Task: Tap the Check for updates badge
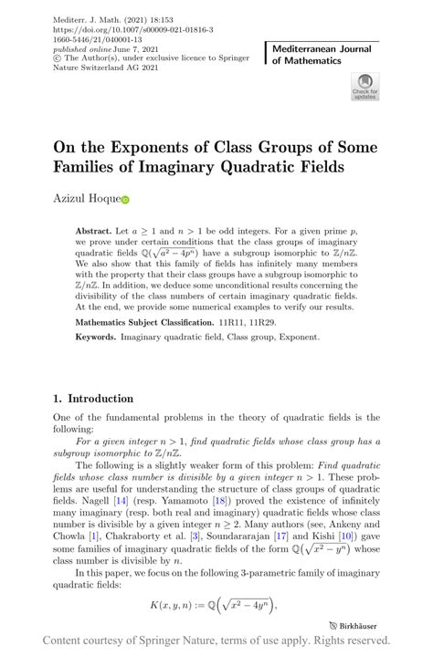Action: (364, 88)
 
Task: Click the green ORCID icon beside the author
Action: (126, 199)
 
